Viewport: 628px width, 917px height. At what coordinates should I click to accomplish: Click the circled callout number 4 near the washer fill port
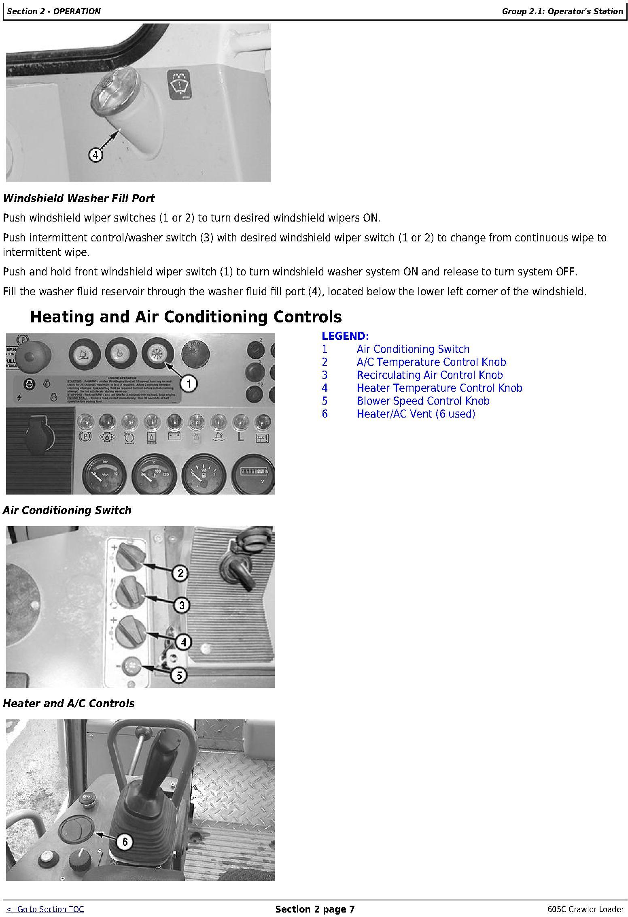(x=95, y=155)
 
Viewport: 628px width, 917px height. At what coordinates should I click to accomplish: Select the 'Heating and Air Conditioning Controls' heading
(x=186, y=317)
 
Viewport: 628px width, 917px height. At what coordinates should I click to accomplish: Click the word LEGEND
(x=345, y=336)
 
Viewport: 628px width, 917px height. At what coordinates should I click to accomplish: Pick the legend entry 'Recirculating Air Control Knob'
(x=429, y=375)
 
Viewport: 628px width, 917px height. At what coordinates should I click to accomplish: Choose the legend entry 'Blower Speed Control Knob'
(x=423, y=401)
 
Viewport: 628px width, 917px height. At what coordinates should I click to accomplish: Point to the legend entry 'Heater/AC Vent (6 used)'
(x=416, y=414)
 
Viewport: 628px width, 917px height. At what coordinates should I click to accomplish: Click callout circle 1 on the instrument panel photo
(x=189, y=383)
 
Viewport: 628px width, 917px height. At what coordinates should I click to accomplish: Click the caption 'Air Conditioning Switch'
(x=67, y=510)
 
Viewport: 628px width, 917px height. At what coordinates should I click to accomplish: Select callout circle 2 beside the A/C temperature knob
(x=180, y=573)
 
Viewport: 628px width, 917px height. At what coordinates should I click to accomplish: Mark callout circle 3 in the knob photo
(x=182, y=605)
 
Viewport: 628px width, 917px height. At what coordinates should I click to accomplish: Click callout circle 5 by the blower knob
(x=179, y=675)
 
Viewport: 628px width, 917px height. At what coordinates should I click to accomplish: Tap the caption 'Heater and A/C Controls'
(x=69, y=704)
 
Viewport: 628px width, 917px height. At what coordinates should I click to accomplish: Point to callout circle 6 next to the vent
(x=125, y=842)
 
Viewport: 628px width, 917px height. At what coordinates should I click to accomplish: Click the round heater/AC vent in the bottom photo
(x=76, y=830)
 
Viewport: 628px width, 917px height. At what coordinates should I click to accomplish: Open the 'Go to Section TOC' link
(x=45, y=909)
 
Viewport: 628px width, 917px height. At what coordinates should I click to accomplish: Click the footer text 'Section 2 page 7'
(x=315, y=909)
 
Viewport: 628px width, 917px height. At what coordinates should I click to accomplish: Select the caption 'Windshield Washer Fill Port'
(x=79, y=198)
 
